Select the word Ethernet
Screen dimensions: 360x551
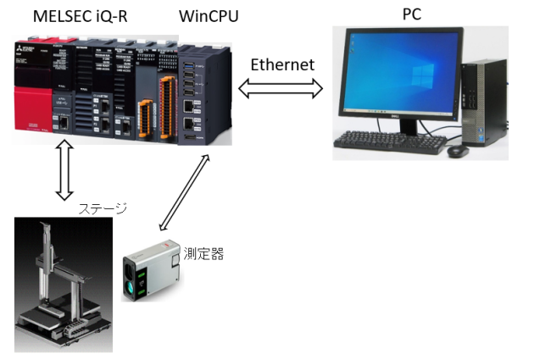pyautogui.click(x=282, y=64)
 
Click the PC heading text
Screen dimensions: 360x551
pyautogui.click(x=413, y=15)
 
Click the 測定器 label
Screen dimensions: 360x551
pyautogui.click(x=203, y=253)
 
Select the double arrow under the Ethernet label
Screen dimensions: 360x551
pyautogui.click(x=281, y=88)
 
